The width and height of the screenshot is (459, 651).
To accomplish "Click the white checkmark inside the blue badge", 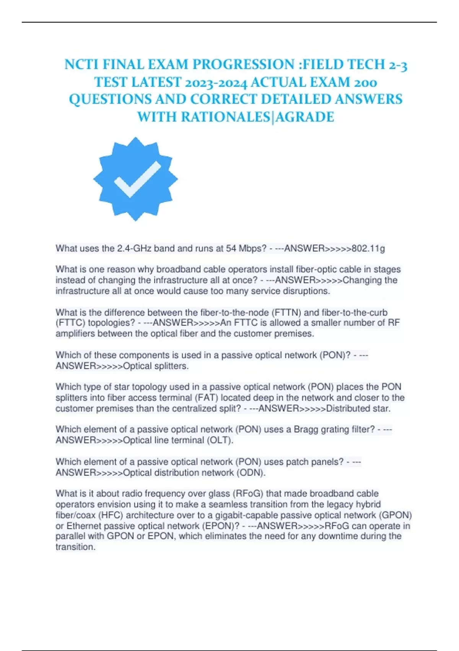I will click(137, 179).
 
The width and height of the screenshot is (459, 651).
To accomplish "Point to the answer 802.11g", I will click(368, 249).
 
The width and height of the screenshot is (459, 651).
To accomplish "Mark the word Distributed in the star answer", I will click(348, 409).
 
